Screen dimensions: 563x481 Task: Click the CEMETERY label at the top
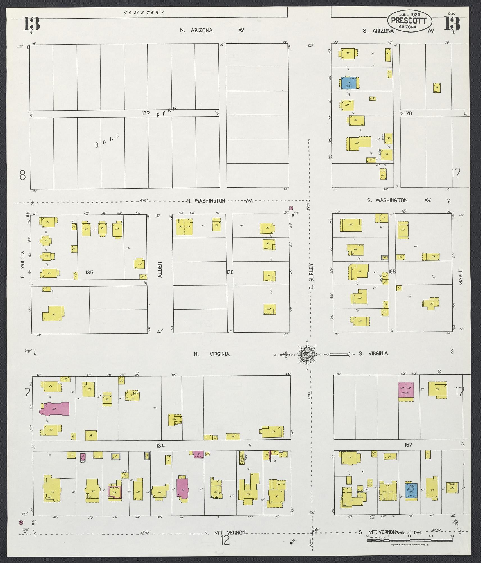(144, 13)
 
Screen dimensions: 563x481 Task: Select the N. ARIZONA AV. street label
(212, 31)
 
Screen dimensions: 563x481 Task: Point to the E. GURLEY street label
(312, 276)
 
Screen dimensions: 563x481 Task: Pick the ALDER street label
(160, 270)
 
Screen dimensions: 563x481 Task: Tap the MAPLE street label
(461, 277)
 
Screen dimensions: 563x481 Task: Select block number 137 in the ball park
(146, 113)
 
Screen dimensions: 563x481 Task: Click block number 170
(408, 113)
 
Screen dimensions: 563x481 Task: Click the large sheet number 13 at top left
(32, 24)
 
